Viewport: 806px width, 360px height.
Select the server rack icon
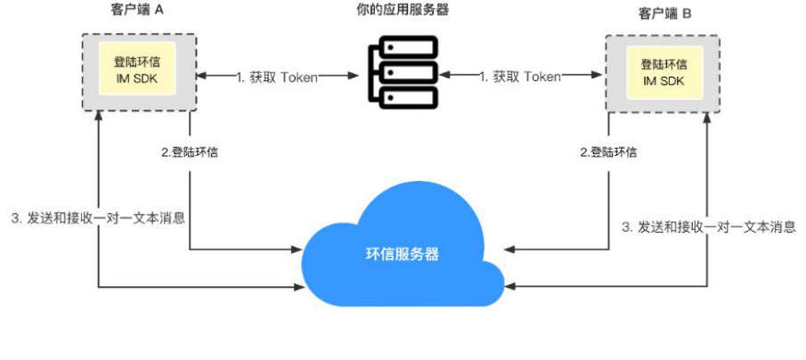click(403, 72)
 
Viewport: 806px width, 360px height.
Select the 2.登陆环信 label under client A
click(190, 151)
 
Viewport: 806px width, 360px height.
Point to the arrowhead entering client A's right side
click(202, 77)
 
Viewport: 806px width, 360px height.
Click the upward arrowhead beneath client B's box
click(709, 120)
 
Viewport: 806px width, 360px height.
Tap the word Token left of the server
click(300, 77)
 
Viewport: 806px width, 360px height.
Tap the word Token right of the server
click(542, 77)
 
